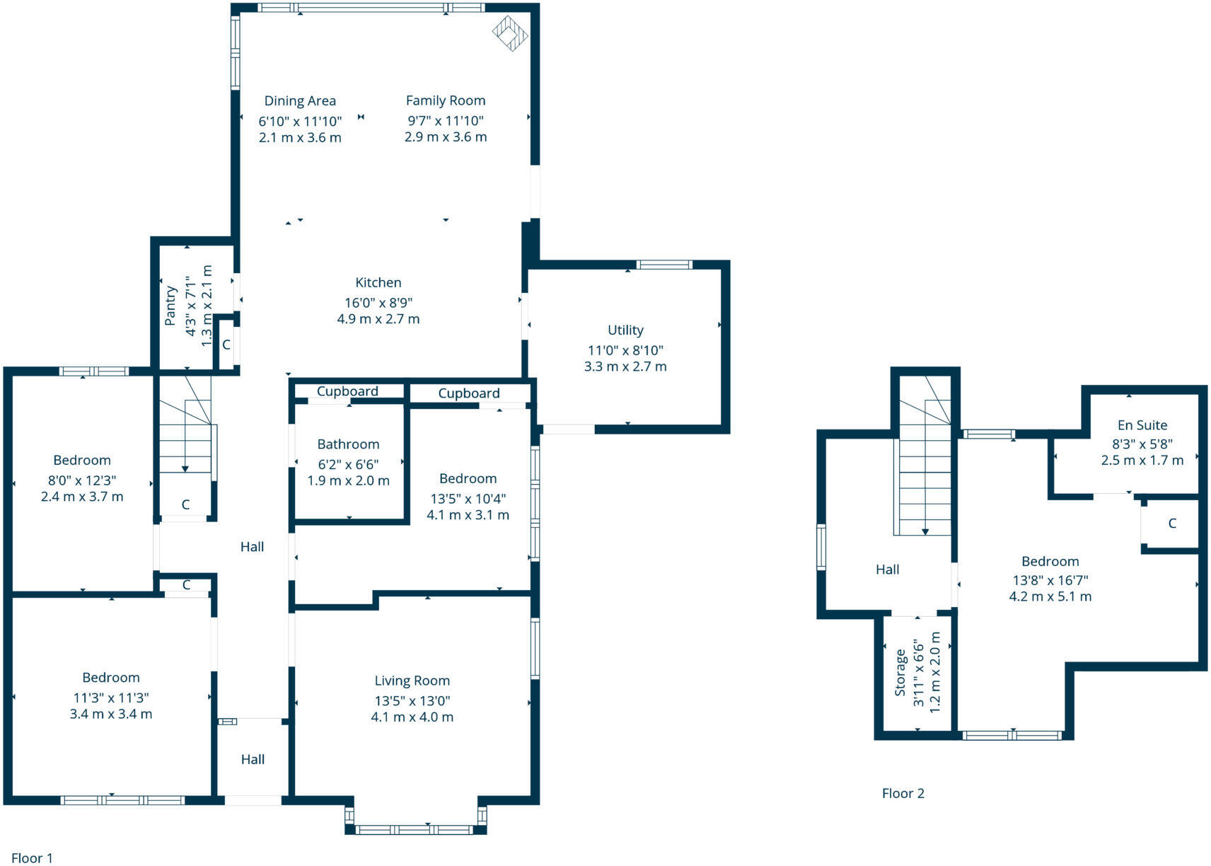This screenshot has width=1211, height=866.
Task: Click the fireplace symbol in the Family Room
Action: click(510, 33)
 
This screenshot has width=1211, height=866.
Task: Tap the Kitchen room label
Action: click(378, 282)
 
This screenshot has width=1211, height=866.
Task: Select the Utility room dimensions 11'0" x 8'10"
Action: click(625, 350)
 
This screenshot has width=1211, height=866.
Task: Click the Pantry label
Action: click(170, 306)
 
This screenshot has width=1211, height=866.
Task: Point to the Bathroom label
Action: click(348, 444)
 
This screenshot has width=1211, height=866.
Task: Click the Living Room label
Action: click(412, 681)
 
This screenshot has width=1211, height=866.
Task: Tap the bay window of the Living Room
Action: click(415, 829)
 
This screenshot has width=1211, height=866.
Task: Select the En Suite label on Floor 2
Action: click(1142, 425)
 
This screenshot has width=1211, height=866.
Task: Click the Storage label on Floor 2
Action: click(900, 673)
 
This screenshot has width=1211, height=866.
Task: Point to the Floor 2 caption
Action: click(903, 793)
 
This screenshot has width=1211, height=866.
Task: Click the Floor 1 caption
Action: click(33, 858)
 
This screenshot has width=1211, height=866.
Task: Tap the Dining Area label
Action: click(300, 101)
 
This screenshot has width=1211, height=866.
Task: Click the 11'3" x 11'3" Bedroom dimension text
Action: click(111, 698)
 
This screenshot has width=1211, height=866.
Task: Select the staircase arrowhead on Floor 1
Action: click(185, 468)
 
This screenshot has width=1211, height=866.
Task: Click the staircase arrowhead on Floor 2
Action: click(925, 531)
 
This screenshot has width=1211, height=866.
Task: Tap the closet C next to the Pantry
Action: click(226, 345)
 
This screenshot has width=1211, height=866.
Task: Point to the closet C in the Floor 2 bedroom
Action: click(1172, 524)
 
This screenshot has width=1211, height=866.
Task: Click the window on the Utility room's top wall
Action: click(664, 265)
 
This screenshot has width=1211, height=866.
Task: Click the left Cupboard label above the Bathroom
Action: click(347, 391)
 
